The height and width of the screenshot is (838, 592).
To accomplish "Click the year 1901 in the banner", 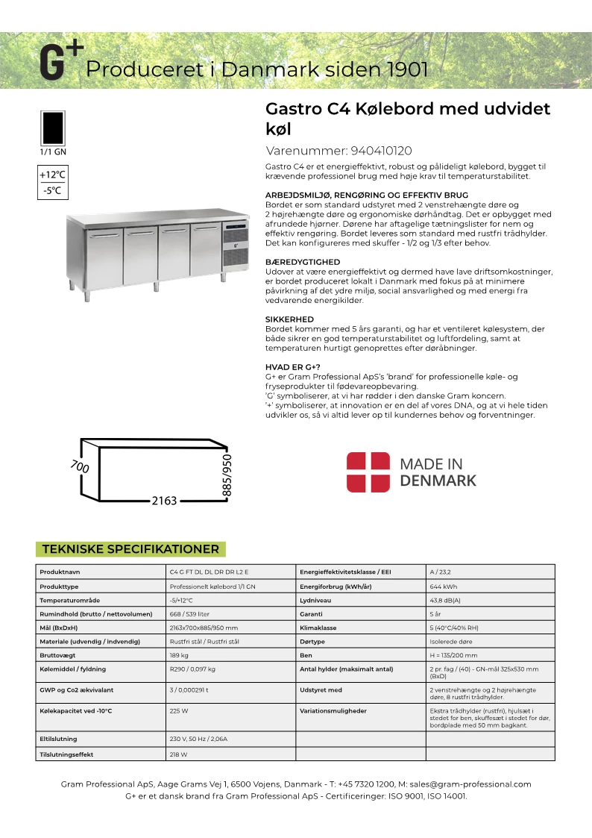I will [x=406, y=69].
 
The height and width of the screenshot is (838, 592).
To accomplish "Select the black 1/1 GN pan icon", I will [x=52, y=128].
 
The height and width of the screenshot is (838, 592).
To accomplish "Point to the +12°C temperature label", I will [x=52, y=175].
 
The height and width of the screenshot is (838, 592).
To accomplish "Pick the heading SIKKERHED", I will [x=289, y=319].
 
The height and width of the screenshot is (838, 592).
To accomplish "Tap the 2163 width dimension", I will [x=164, y=501].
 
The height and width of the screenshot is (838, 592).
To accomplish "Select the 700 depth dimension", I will [x=80, y=466].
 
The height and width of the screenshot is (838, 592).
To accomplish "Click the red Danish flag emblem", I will [x=368, y=472].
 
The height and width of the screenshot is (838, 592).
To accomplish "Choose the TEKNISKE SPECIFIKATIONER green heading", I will [x=130, y=549].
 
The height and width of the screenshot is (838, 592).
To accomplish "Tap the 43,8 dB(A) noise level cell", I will [x=445, y=600].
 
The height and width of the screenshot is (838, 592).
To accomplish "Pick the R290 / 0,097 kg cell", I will [x=193, y=669].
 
